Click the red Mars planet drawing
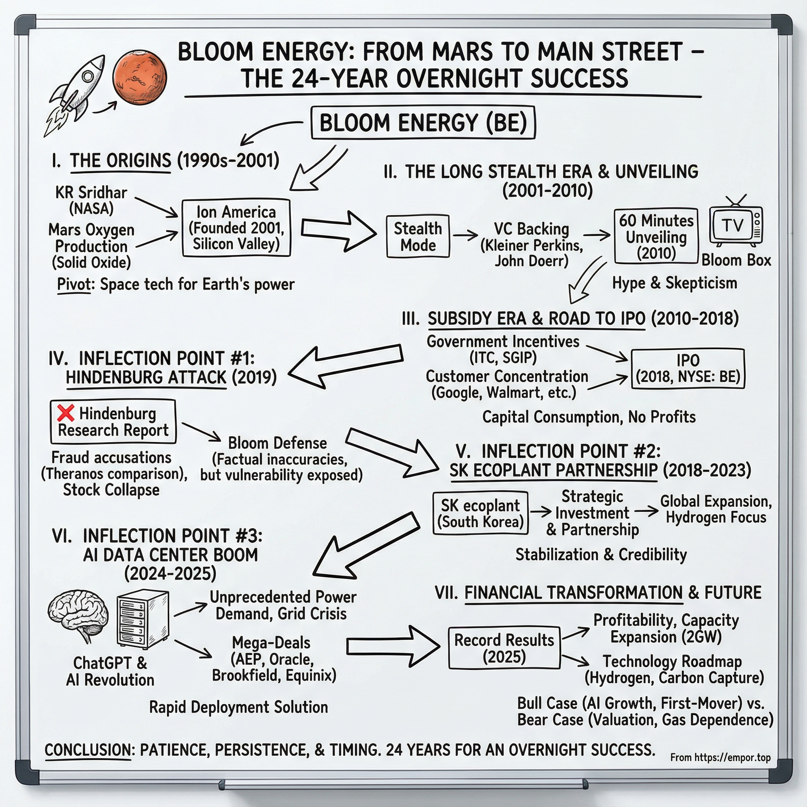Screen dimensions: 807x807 click(x=139, y=78)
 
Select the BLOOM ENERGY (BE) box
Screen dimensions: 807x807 click(x=423, y=123)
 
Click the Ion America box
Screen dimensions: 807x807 click(x=236, y=228)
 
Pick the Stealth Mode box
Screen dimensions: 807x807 click(x=418, y=236)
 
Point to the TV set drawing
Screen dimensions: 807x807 click(x=736, y=225)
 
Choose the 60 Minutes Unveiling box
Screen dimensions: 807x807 click(x=656, y=236)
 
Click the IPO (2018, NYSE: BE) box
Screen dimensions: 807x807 click(x=688, y=368)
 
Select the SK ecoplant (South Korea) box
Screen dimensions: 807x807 click(x=480, y=513)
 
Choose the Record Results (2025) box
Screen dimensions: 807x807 click(x=504, y=648)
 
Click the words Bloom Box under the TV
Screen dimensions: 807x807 click(x=736, y=260)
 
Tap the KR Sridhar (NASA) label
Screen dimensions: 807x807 click(x=91, y=200)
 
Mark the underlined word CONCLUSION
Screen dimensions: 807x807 click(x=88, y=750)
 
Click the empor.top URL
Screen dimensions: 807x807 click(x=720, y=757)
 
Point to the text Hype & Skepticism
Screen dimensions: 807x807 click(x=674, y=283)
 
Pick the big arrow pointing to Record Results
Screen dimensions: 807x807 click(x=392, y=646)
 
